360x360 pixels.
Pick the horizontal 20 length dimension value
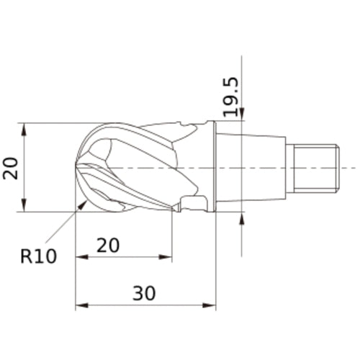[x=108, y=246]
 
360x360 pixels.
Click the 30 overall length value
[x=144, y=294]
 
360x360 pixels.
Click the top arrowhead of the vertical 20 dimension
[x=24, y=128]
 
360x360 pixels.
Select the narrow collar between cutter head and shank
[x=212, y=167]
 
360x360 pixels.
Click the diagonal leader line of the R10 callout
[x=63, y=224]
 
